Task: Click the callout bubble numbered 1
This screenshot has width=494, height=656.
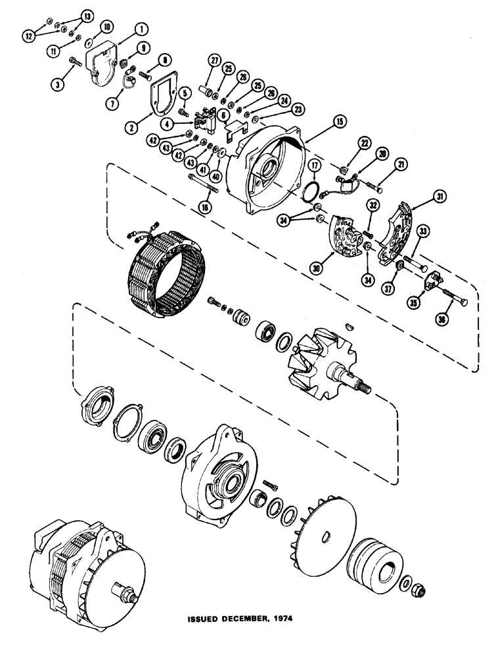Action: tap(140, 28)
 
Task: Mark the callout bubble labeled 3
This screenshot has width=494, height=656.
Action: tap(62, 85)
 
